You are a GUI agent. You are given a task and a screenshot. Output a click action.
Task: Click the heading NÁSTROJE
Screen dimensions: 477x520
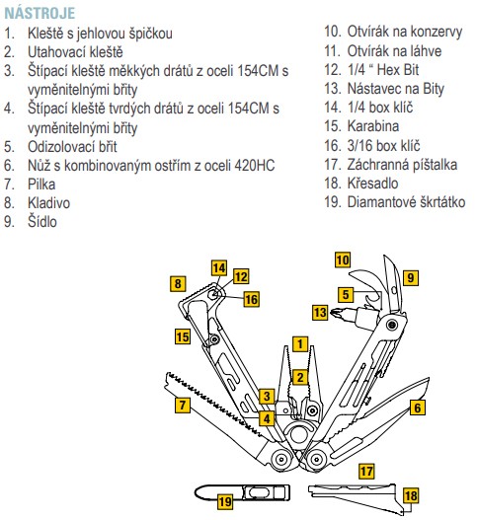click(x=40, y=13)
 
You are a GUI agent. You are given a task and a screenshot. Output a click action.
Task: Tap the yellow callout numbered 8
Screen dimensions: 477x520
click(x=178, y=283)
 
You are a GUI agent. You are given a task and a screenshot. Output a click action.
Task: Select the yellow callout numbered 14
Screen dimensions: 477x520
click(x=219, y=268)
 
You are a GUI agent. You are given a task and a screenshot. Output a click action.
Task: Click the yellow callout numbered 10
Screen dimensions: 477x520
click(x=343, y=260)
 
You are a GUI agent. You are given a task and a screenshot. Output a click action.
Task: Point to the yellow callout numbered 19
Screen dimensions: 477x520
click(x=225, y=501)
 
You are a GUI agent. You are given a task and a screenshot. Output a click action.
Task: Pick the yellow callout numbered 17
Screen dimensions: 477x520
click(x=366, y=472)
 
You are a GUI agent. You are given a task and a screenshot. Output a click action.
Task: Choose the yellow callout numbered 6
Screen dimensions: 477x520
click(x=417, y=408)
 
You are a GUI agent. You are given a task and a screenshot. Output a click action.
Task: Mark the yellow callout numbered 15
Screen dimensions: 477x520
click(x=183, y=336)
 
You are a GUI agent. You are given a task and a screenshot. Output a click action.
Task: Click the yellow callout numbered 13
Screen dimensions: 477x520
click(x=320, y=313)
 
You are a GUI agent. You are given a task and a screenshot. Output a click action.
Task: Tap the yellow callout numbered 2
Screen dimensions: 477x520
click(x=300, y=377)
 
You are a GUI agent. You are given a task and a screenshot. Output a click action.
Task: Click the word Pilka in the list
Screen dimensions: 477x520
click(x=41, y=185)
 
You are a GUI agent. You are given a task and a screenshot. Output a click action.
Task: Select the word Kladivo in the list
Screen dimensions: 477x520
click(x=48, y=203)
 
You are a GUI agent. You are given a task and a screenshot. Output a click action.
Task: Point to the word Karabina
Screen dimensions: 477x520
click(x=373, y=126)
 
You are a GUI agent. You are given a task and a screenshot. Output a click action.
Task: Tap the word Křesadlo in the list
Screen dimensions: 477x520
click(x=372, y=184)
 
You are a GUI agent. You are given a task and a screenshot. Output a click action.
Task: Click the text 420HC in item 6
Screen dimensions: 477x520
click(x=255, y=166)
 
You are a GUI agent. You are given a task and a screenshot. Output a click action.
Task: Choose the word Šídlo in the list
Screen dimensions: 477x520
click(x=42, y=222)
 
